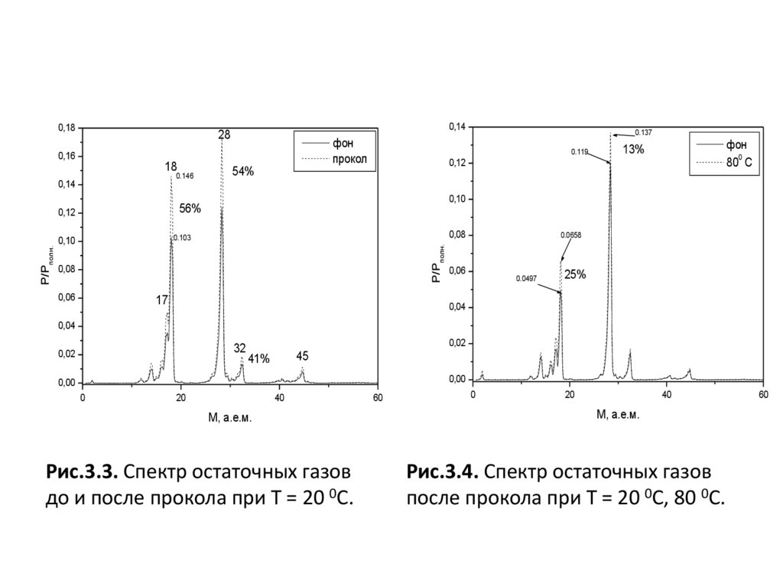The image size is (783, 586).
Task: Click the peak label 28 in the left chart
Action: click(x=224, y=134)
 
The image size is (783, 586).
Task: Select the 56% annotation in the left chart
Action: click(x=190, y=207)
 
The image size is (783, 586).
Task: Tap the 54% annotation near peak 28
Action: click(x=243, y=171)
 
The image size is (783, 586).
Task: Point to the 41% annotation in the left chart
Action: click(x=258, y=358)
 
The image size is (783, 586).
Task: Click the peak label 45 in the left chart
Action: click(x=302, y=356)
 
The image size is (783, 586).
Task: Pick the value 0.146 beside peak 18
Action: click(x=185, y=176)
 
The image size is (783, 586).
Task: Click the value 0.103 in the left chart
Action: click(x=182, y=238)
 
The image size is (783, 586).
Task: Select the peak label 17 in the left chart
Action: click(x=162, y=300)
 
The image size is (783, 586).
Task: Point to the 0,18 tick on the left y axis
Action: click(x=66, y=128)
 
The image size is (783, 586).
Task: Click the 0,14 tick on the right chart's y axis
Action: click(x=456, y=127)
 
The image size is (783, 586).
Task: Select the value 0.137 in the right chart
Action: click(x=643, y=132)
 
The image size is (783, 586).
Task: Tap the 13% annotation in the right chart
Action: click(x=633, y=150)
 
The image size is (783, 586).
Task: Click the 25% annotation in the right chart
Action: click(x=575, y=274)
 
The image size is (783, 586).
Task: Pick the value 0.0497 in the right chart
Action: click(x=528, y=278)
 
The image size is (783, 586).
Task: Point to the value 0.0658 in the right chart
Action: click(x=571, y=235)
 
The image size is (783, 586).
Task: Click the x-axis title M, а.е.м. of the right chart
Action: click(x=618, y=415)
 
